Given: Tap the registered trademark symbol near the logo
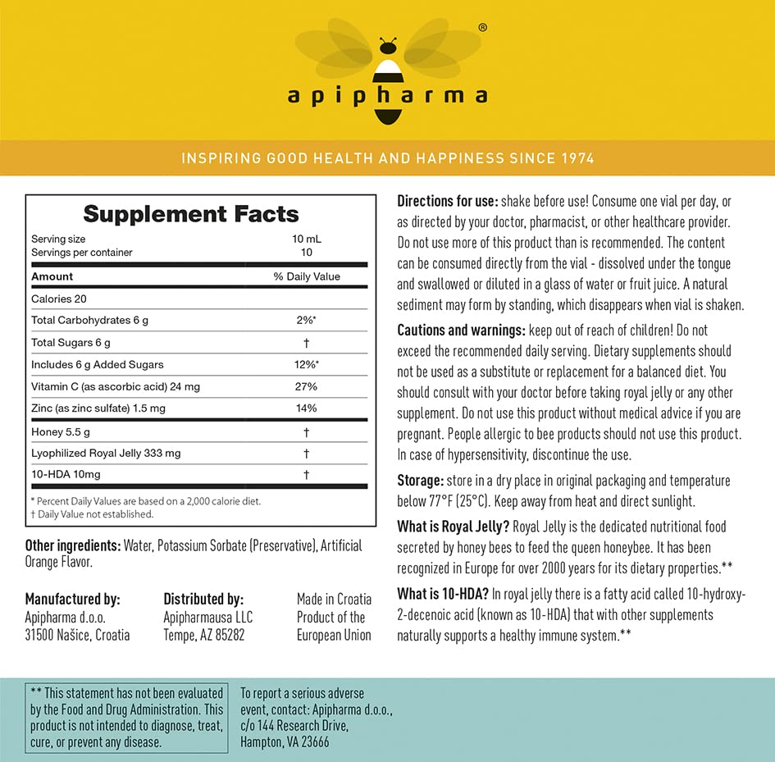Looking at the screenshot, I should [482, 27].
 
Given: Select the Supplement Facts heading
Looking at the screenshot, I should [191, 214].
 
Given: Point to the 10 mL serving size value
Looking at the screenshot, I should [307, 240].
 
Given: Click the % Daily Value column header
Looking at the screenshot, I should [307, 276].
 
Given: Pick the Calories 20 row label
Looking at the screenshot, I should [58, 299].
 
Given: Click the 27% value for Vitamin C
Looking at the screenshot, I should [306, 386].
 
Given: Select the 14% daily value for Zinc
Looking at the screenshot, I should [306, 408].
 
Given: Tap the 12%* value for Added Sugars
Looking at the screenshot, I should [307, 364].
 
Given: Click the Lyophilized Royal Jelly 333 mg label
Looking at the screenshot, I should [106, 453].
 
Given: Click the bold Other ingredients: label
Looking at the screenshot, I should [73, 545].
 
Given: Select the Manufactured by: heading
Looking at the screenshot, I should [72, 600].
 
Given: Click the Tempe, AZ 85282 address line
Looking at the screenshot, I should [203, 635].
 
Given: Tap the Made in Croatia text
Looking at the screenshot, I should [334, 600].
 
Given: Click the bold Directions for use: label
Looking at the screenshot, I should [447, 201].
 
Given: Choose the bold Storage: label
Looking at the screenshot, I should [421, 480].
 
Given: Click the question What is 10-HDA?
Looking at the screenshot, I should [443, 595].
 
